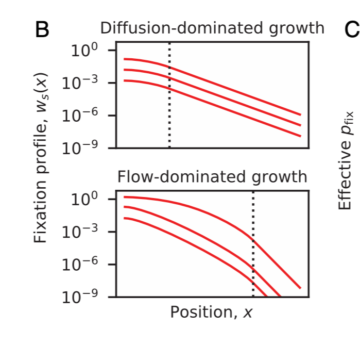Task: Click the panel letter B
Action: [42, 30]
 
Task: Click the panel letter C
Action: [352, 30]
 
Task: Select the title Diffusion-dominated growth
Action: [212, 28]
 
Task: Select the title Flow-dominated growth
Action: [212, 177]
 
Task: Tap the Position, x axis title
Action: [212, 312]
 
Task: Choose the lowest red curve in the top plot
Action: [232, 110]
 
